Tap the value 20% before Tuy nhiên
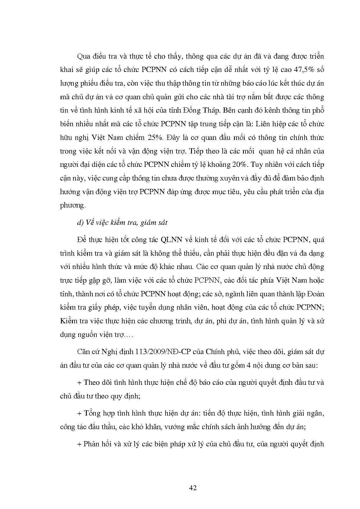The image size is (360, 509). [240, 165]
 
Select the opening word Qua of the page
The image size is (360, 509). [83, 56]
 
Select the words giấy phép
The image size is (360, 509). [105, 307]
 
